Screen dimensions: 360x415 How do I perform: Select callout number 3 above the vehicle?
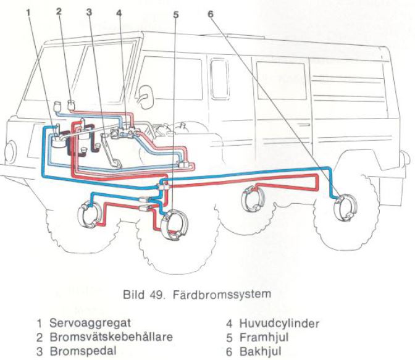click(89, 11)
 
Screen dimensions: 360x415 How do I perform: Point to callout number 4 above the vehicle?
click(119, 11)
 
